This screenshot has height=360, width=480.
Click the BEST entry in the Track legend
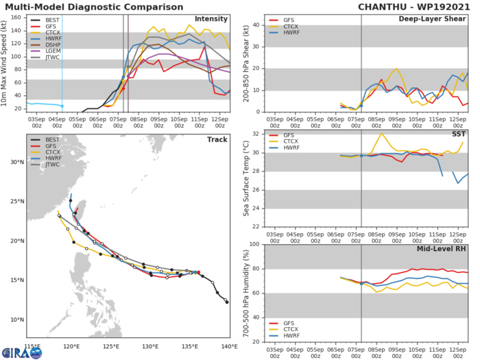click(x=49, y=141)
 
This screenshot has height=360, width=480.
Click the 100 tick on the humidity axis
click(x=252, y=245)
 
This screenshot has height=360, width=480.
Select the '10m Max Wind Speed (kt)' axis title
click(x=5, y=63)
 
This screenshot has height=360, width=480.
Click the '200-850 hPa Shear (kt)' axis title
click(x=243, y=63)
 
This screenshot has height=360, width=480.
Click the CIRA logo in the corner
click(x=21, y=351)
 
